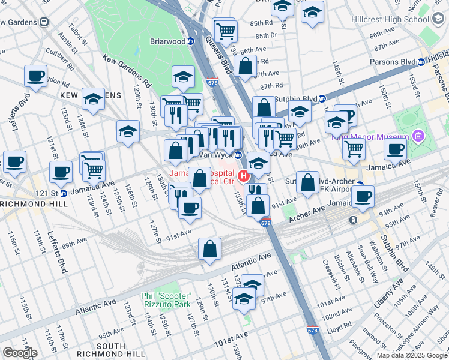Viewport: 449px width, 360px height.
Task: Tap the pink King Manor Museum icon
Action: pos(418,137)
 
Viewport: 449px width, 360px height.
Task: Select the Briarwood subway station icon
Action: pos(190,42)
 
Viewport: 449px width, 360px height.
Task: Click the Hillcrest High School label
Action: pos(395,19)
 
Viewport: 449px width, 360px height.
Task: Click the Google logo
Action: pos(19,353)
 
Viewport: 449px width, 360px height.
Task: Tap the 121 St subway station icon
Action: pos(63,193)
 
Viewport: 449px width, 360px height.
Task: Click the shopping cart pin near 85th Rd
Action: pos(226,30)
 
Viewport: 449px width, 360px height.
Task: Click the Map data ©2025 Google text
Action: pos(411,355)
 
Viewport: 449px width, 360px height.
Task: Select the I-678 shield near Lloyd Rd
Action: pos(312,331)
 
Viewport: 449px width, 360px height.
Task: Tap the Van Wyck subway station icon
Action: pos(238,155)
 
